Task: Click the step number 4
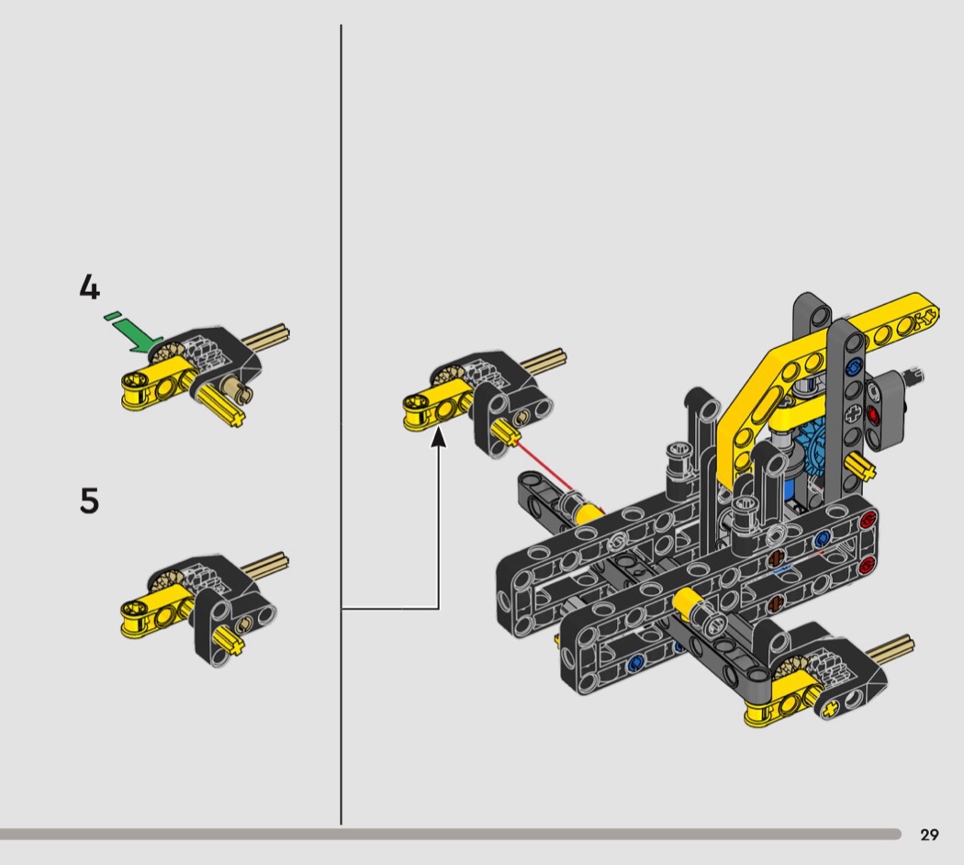(x=89, y=287)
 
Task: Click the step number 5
(x=89, y=500)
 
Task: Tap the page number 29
(x=929, y=835)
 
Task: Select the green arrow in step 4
(x=135, y=334)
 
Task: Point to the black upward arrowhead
(x=438, y=438)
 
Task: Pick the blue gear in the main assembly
(x=812, y=454)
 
